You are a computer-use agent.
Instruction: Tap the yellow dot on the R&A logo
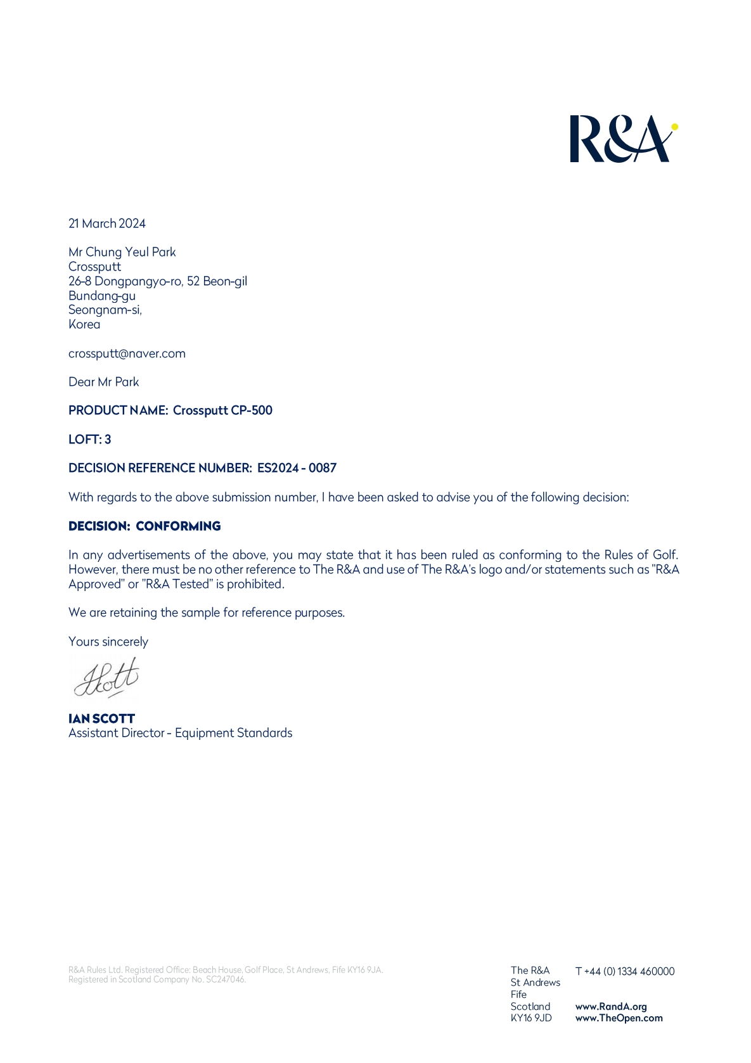point(674,127)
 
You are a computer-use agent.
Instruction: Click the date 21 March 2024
point(107,224)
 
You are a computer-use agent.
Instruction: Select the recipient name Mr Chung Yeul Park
point(122,252)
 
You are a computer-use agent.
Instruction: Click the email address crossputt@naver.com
point(127,353)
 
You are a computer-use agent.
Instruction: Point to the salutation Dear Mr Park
point(103,382)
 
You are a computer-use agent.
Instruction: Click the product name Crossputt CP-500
point(222,411)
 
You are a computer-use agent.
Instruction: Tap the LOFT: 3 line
point(89,440)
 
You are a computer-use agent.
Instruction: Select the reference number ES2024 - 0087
point(297,468)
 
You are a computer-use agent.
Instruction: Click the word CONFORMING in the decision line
point(178,526)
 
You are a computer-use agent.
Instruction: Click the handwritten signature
point(106,678)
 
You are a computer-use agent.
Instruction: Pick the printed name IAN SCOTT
point(101,719)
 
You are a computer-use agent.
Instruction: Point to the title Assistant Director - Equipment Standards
point(180,733)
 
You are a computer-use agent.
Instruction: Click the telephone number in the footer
point(625,971)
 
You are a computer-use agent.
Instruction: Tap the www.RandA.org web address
point(611,1007)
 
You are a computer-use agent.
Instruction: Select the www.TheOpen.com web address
point(619,1018)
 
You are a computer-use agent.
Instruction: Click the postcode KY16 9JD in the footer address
point(531,1018)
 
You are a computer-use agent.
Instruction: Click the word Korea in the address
point(84,324)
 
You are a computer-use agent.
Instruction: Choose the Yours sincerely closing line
point(108,642)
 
